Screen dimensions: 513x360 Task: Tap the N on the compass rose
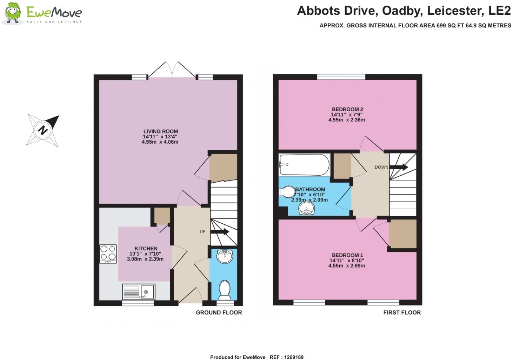42,130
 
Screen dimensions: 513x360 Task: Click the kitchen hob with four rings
108,254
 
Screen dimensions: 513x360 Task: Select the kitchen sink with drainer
139,292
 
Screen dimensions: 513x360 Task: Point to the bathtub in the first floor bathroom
304,165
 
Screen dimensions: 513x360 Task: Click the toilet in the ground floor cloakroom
225,290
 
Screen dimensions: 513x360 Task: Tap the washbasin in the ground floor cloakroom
225,256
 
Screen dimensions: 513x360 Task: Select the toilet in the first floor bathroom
287,192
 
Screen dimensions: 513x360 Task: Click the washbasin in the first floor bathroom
307,209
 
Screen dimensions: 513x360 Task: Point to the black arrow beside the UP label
220,231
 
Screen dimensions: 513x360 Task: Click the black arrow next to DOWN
399,167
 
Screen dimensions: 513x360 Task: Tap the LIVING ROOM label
161,131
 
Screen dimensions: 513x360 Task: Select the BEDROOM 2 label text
347,109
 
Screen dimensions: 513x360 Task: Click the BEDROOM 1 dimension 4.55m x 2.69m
347,266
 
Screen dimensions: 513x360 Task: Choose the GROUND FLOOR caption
219,313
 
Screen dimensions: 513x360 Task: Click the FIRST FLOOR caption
402,313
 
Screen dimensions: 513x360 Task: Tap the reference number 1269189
294,357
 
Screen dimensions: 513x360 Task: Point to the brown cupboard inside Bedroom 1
402,234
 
